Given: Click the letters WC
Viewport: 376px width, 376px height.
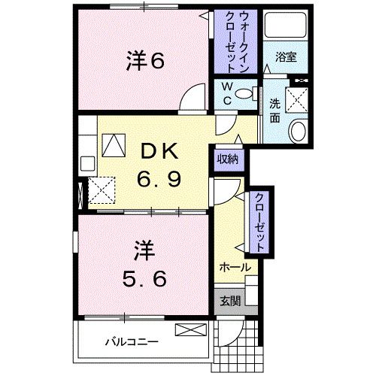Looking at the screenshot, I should click(x=225, y=96).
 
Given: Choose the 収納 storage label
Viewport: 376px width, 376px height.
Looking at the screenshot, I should click(x=229, y=159).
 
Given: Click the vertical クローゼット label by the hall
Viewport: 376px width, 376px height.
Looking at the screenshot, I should click(x=259, y=220).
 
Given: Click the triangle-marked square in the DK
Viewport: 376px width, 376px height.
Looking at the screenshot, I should click(x=115, y=143).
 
